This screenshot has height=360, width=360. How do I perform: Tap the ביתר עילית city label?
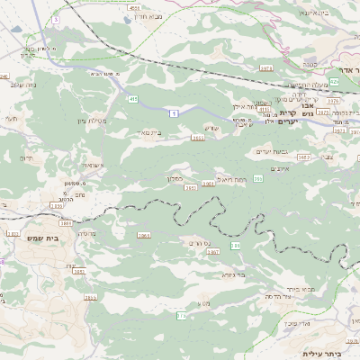[x=319, y=353]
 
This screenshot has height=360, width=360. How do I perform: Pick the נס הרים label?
[x=200, y=243]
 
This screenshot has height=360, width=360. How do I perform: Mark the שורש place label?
[x=211, y=127]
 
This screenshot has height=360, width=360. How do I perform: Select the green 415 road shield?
[x=133, y=98]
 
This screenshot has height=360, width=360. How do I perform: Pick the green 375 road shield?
[x=182, y=315]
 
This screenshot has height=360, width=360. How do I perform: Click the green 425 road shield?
[x=334, y=81]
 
